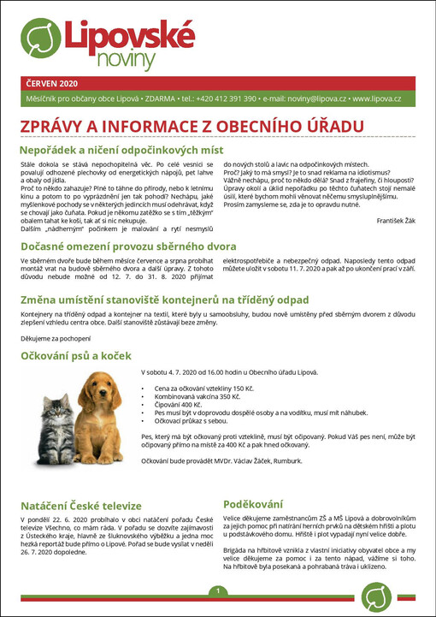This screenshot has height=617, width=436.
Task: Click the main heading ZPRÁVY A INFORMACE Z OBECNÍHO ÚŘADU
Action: pyautogui.click(x=187, y=127)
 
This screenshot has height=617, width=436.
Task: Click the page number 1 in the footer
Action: pyautogui.click(x=218, y=592)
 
